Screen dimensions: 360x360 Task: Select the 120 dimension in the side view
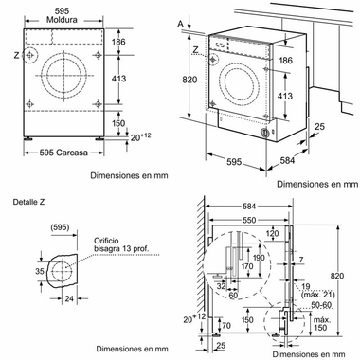tap(274, 232)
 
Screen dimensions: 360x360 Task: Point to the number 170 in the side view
tap(247, 268)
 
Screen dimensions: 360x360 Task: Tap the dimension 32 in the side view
tap(221, 282)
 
